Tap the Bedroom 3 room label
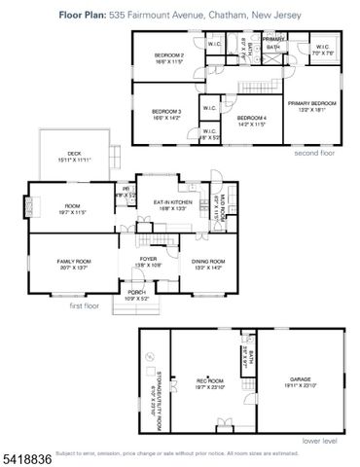coord(168,112)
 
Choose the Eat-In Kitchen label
coord(170,203)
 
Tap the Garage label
coord(300,380)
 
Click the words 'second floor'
coord(317,153)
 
